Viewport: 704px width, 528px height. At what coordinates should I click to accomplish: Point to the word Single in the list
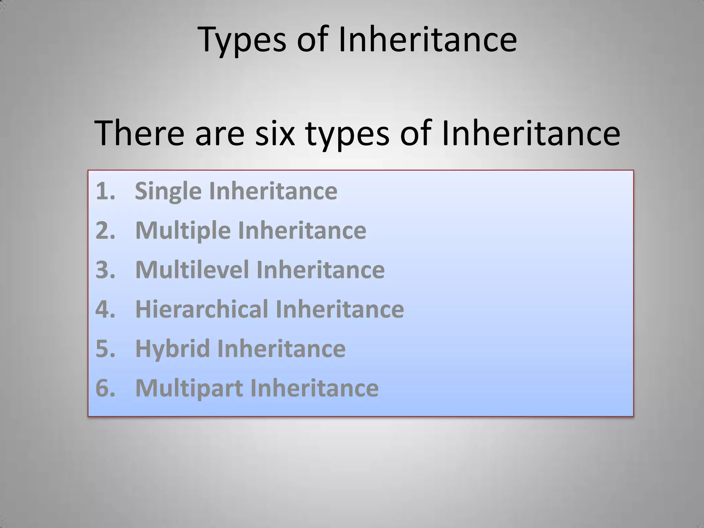[x=168, y=191]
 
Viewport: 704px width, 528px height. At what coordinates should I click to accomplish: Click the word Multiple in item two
[x=183, y=230]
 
